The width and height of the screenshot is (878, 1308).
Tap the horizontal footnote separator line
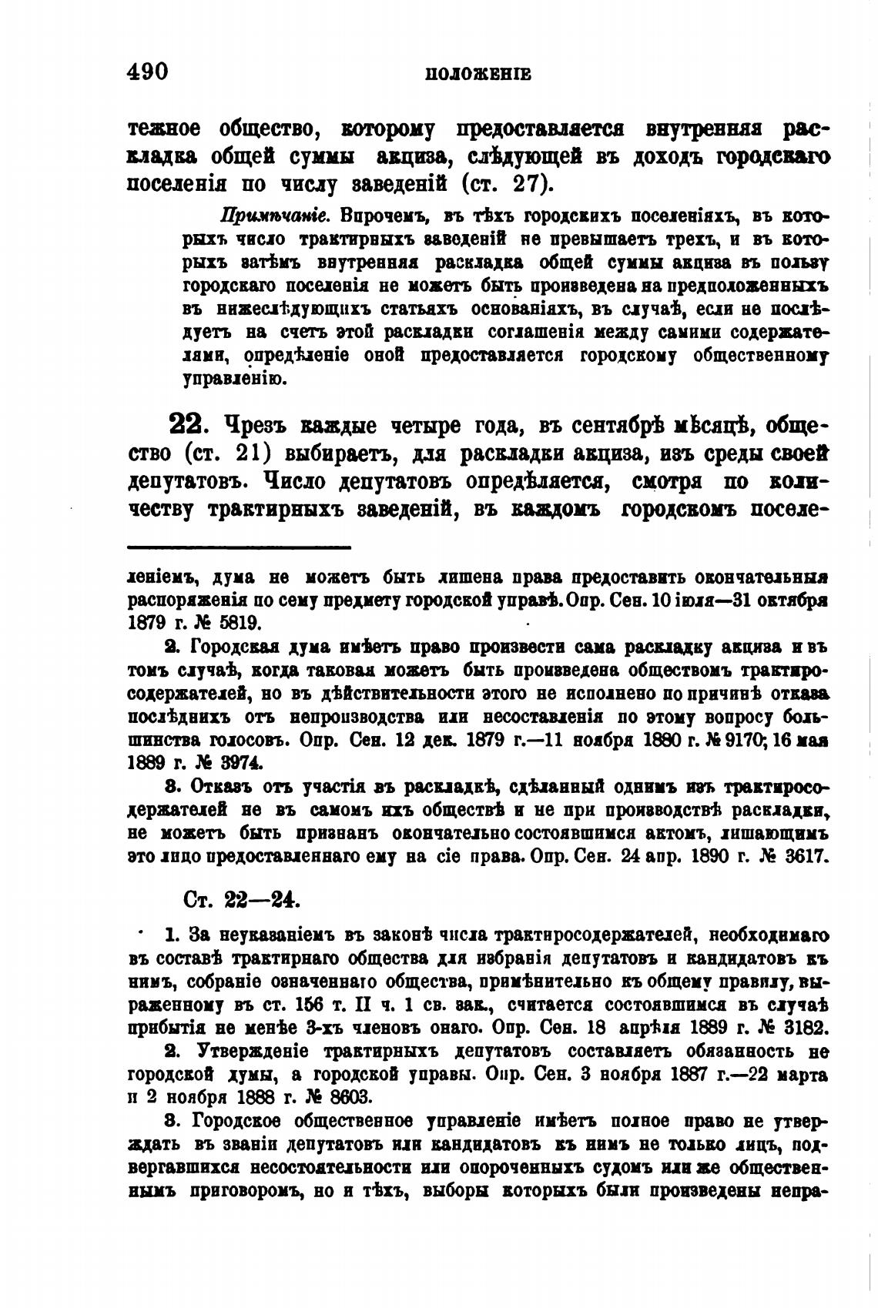[x=239, y=547]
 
